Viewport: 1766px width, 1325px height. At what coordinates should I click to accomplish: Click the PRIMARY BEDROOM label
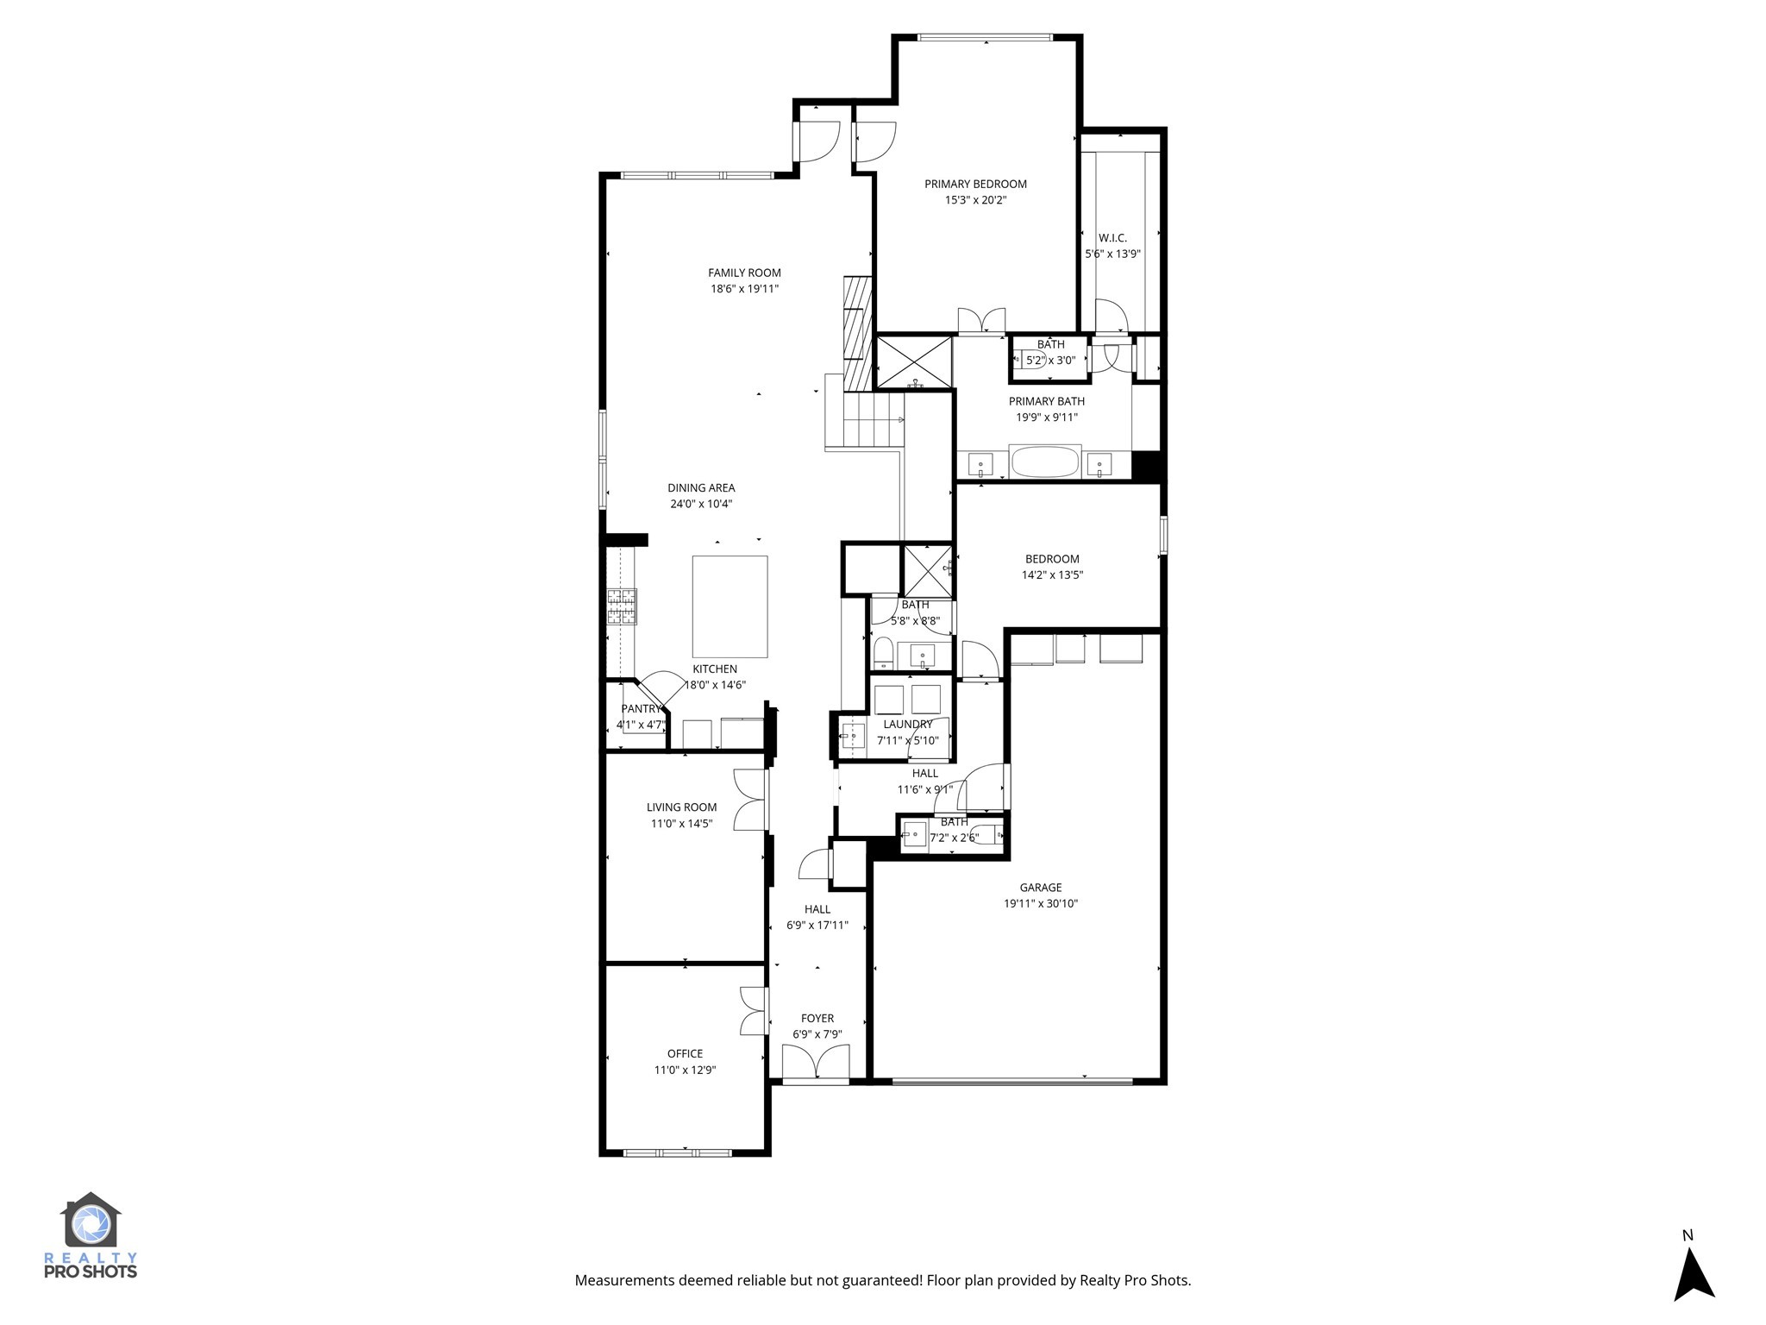tap(975, 184)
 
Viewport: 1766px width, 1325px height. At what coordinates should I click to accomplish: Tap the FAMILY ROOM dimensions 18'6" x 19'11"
tap(744, 290)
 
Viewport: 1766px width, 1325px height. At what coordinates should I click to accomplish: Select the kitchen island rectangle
tap(730, 606)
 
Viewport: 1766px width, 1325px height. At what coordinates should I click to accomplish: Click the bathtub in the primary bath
tap(1044, 462)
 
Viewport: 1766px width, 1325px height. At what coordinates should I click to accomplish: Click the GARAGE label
tap(1040, 888)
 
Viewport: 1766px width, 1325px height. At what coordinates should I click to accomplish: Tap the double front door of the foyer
tap(816, 1062)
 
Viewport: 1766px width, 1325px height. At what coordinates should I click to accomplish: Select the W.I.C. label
tap(1112, 238)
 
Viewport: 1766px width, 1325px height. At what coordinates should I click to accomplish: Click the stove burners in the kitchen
tap(621, 606)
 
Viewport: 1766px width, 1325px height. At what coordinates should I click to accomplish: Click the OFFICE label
tap(685, 1053)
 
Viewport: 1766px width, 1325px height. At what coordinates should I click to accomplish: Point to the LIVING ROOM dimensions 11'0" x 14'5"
tap(681, 824)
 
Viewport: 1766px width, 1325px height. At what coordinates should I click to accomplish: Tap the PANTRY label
tap(639, 709)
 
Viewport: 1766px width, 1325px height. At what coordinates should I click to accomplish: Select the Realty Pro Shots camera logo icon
tap(91, 1222)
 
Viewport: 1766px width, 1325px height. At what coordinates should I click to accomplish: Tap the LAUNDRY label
tap(907, 725)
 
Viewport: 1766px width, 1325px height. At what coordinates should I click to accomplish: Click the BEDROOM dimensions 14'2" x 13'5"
tap(1052, 575)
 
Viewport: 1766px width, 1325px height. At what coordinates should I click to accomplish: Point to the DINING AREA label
tap(701, 488)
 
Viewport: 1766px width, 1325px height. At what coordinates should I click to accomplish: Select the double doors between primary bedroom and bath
tap(981, 321)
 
